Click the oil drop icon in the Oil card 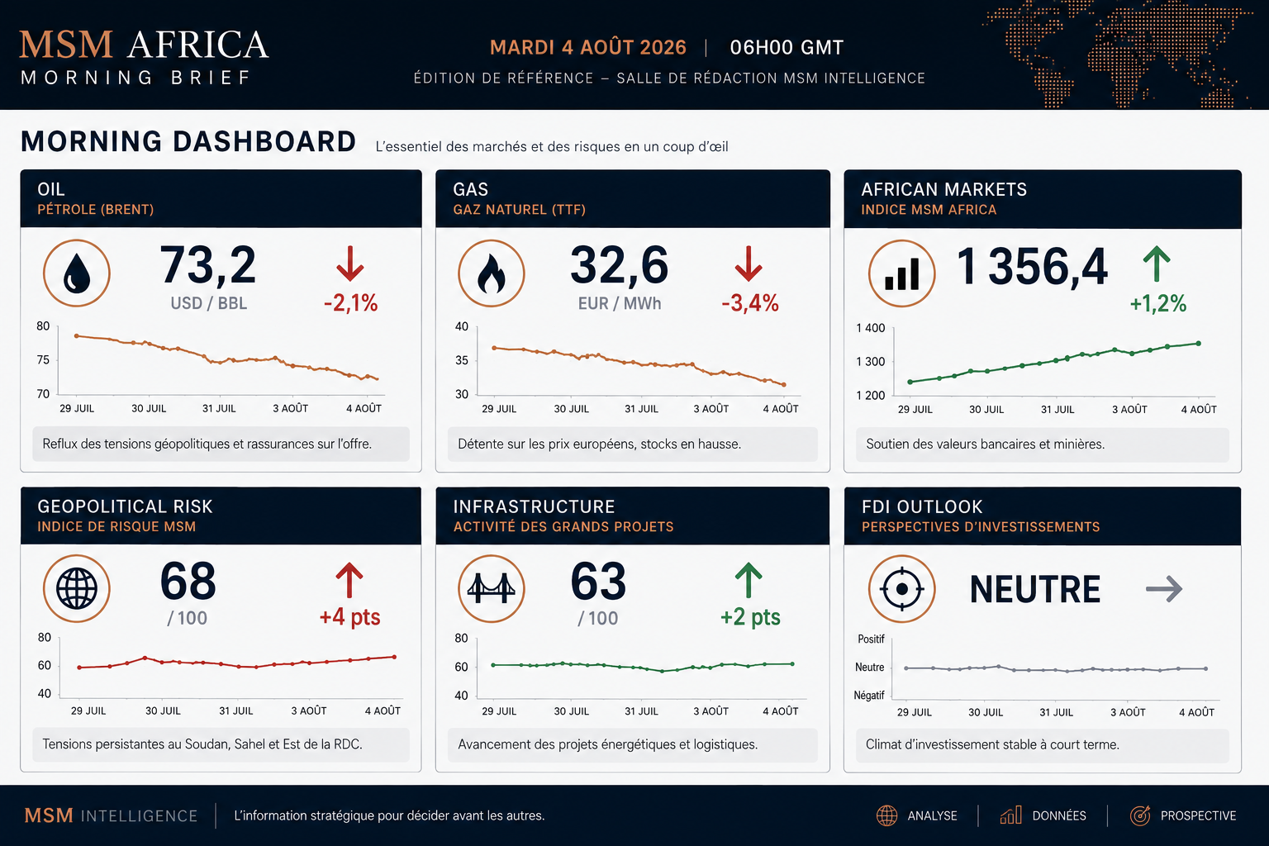coord(77,273)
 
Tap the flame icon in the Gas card coord(492,273)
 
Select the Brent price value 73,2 coord(208,264)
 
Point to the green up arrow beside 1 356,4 coord(1157,264)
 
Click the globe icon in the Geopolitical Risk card coord(77,589)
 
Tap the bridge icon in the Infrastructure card coord(492,589)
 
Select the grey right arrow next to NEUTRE coord(1164,589)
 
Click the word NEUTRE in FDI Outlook coord(1035,589)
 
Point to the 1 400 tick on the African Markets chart coord(870,328)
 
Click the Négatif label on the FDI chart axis coord(869,696)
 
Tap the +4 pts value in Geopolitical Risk coord(349,617)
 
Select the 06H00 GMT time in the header coord(787,48)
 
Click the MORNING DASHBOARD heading coord(188,141)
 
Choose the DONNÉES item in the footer coord(1059,816)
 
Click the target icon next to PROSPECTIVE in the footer coord(1140,815)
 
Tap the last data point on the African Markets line coord(1199,344)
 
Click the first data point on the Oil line coord(77,336)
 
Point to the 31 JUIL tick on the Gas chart coord(641,409)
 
